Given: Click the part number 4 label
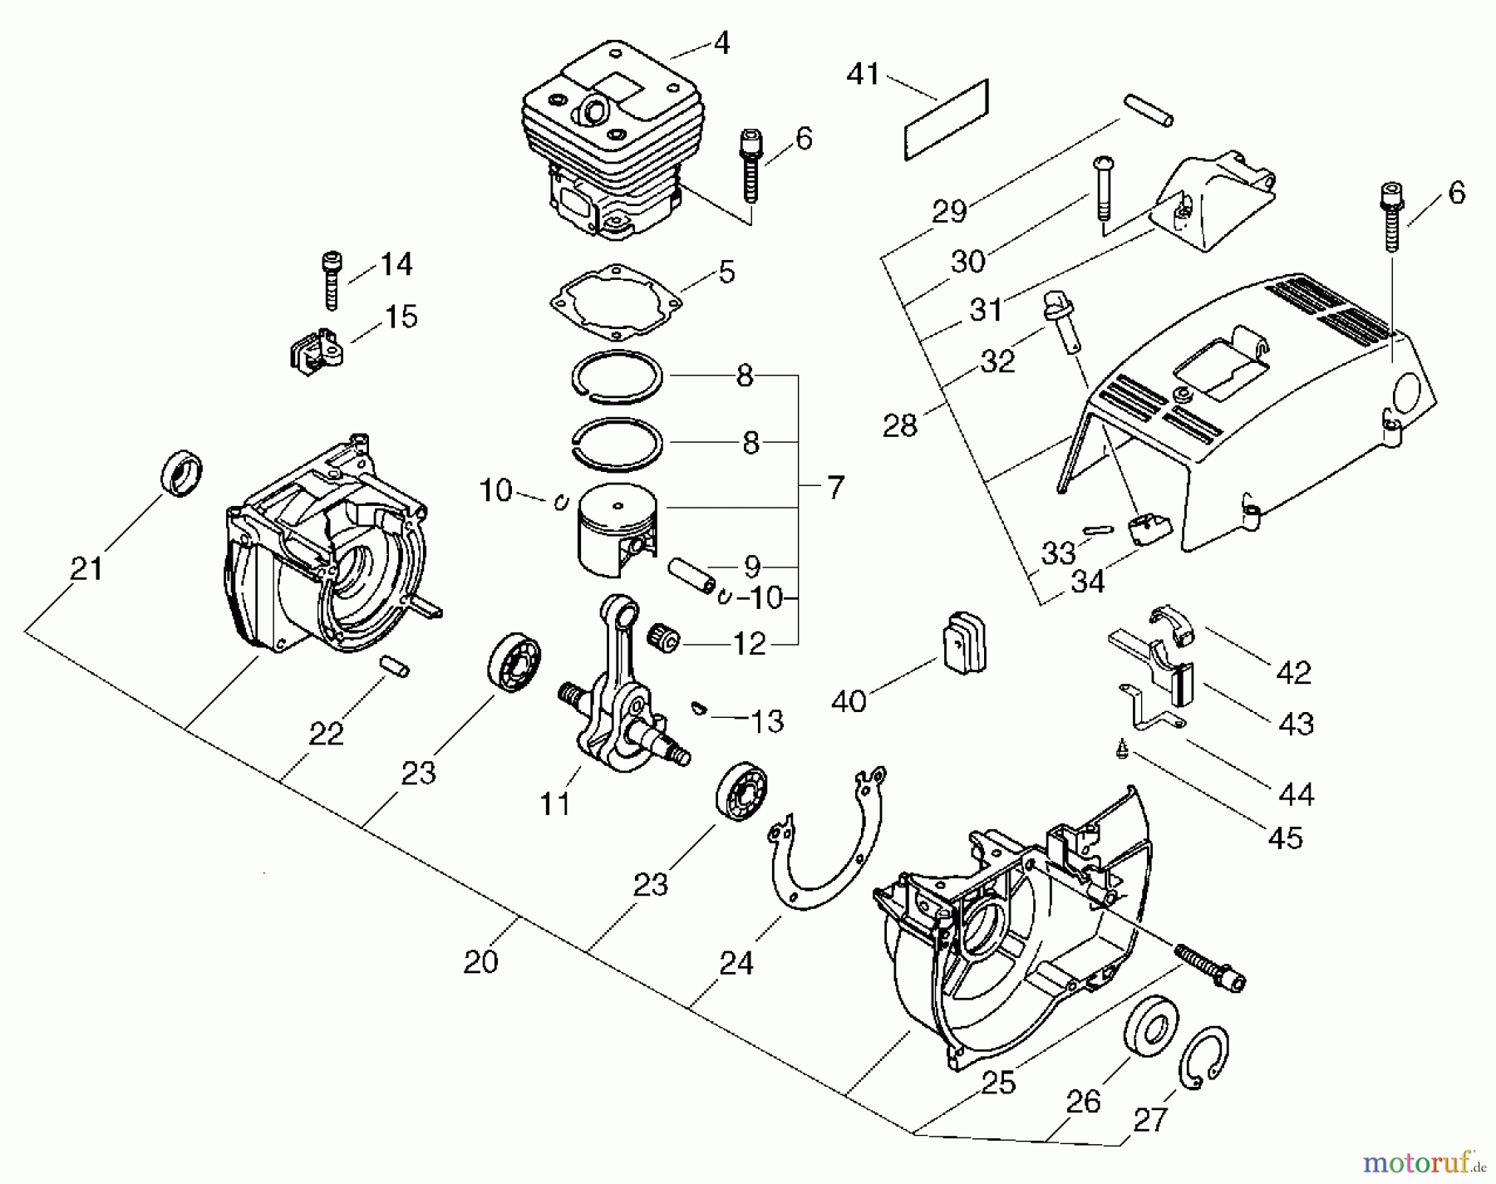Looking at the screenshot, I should (x=721, y=43).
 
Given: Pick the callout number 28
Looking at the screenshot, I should (x=899, y=425).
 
